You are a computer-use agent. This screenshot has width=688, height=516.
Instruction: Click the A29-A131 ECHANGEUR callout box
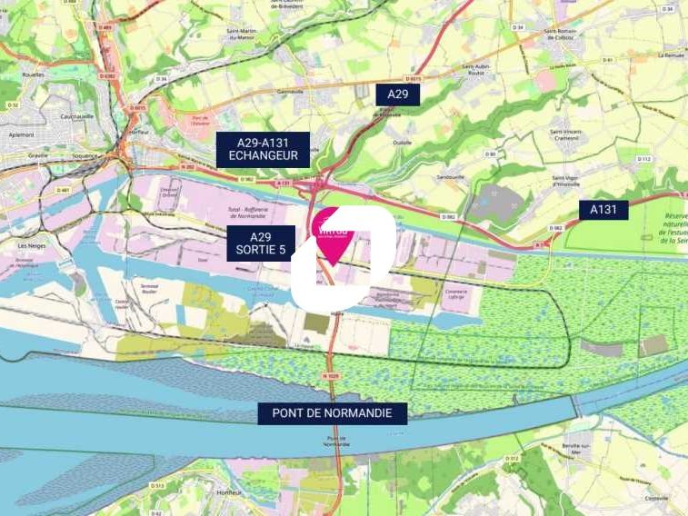click(x=263, y=149)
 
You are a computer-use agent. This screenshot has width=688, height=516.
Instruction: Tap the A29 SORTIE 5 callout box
click(x=261, y=243)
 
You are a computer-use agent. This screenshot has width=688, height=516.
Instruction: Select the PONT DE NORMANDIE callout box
click(x=333, y=413)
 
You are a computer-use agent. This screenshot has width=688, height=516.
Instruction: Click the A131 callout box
click(x=603, y=210)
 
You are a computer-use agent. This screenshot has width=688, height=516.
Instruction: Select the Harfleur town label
click(x=139, y=131)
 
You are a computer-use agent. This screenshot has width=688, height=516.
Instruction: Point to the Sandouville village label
click(x=451, y=177)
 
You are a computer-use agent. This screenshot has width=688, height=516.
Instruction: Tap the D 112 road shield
click(x=643, y=159)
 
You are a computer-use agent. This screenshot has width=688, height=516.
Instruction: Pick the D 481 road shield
click(x=63, y=190)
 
